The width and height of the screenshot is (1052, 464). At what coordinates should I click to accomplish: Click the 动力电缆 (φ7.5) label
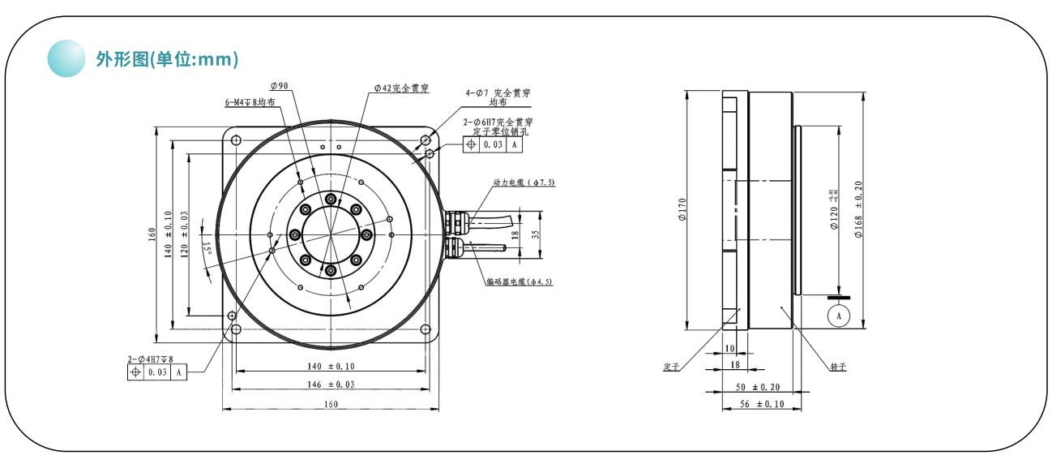click(x=524, y=183)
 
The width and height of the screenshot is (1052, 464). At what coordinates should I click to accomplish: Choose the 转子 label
click(x=838, y=367)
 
